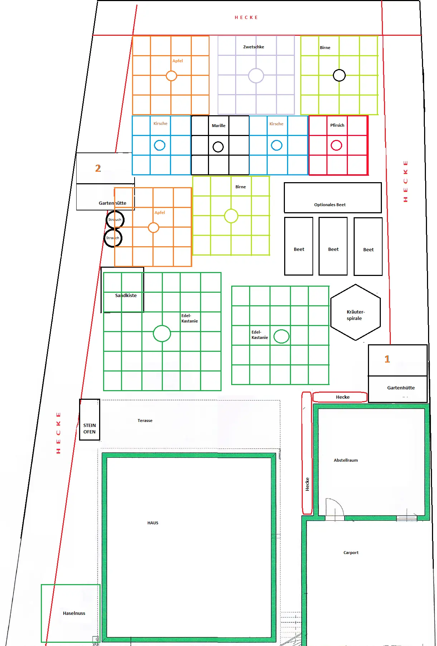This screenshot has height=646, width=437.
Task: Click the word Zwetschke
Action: (254, 47)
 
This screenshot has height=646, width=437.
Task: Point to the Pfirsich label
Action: (337, 125)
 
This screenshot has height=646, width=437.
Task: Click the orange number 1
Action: (387, 359)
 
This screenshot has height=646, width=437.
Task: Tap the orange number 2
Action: (98, 168)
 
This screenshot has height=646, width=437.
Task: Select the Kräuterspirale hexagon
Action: (331, 312)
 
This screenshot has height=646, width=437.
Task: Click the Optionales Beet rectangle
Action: (284, 198)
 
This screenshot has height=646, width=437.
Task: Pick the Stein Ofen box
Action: (80, 419)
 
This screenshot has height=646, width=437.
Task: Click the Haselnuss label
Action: (74, 613)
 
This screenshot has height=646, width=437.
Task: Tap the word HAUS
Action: (153, 523)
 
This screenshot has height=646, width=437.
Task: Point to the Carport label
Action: (351, 553)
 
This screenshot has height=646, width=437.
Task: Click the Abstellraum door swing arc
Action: (340, 503)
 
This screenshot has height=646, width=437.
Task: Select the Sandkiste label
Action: (126, 295)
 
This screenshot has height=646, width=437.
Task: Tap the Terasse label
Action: (145, 421)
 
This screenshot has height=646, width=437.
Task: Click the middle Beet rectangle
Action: (319, 246)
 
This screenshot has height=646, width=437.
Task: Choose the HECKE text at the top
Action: (246, 17)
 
